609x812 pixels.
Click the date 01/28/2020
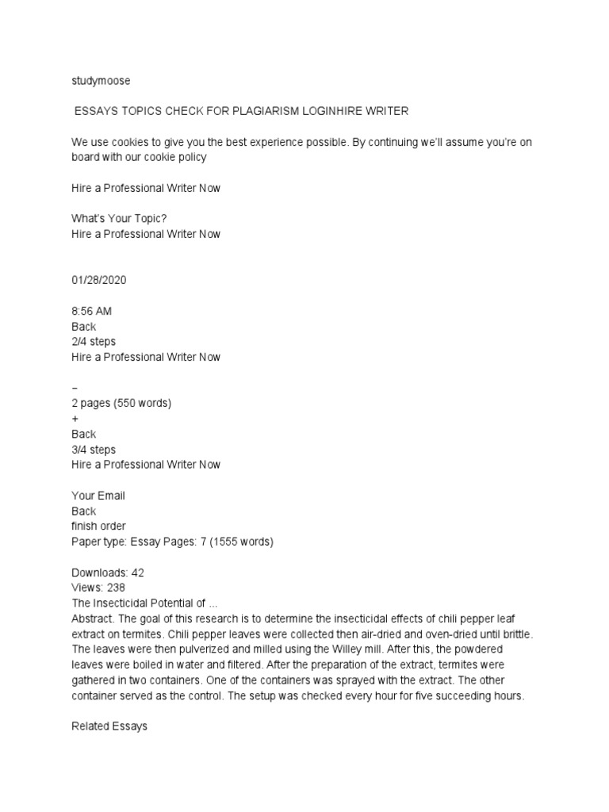pos(99,280)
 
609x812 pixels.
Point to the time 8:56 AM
pos(93,311)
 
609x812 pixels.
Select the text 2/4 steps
pos(94,342)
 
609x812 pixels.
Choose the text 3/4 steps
pos(94,450)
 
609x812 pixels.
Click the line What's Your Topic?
pos(119,219)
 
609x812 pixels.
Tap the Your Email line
pos(98,496)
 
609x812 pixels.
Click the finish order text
pos(98,527)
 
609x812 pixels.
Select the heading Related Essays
pos(109,726)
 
